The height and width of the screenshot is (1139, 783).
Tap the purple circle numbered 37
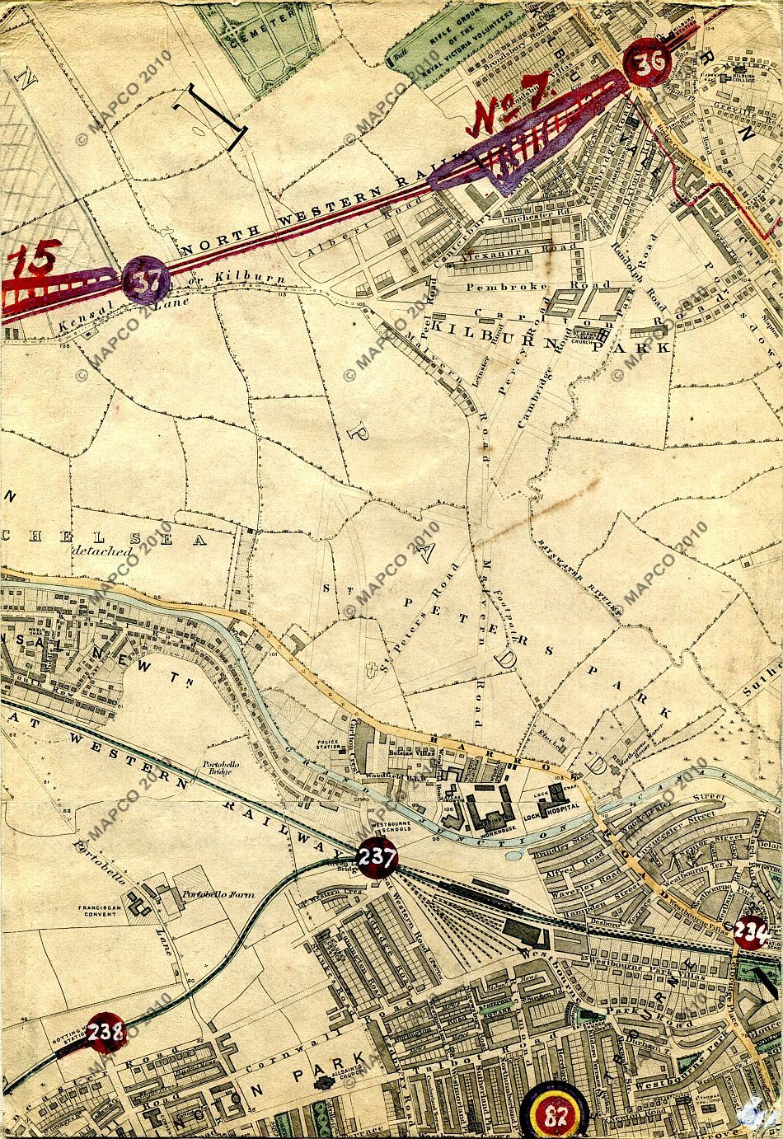tap(146, 281)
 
